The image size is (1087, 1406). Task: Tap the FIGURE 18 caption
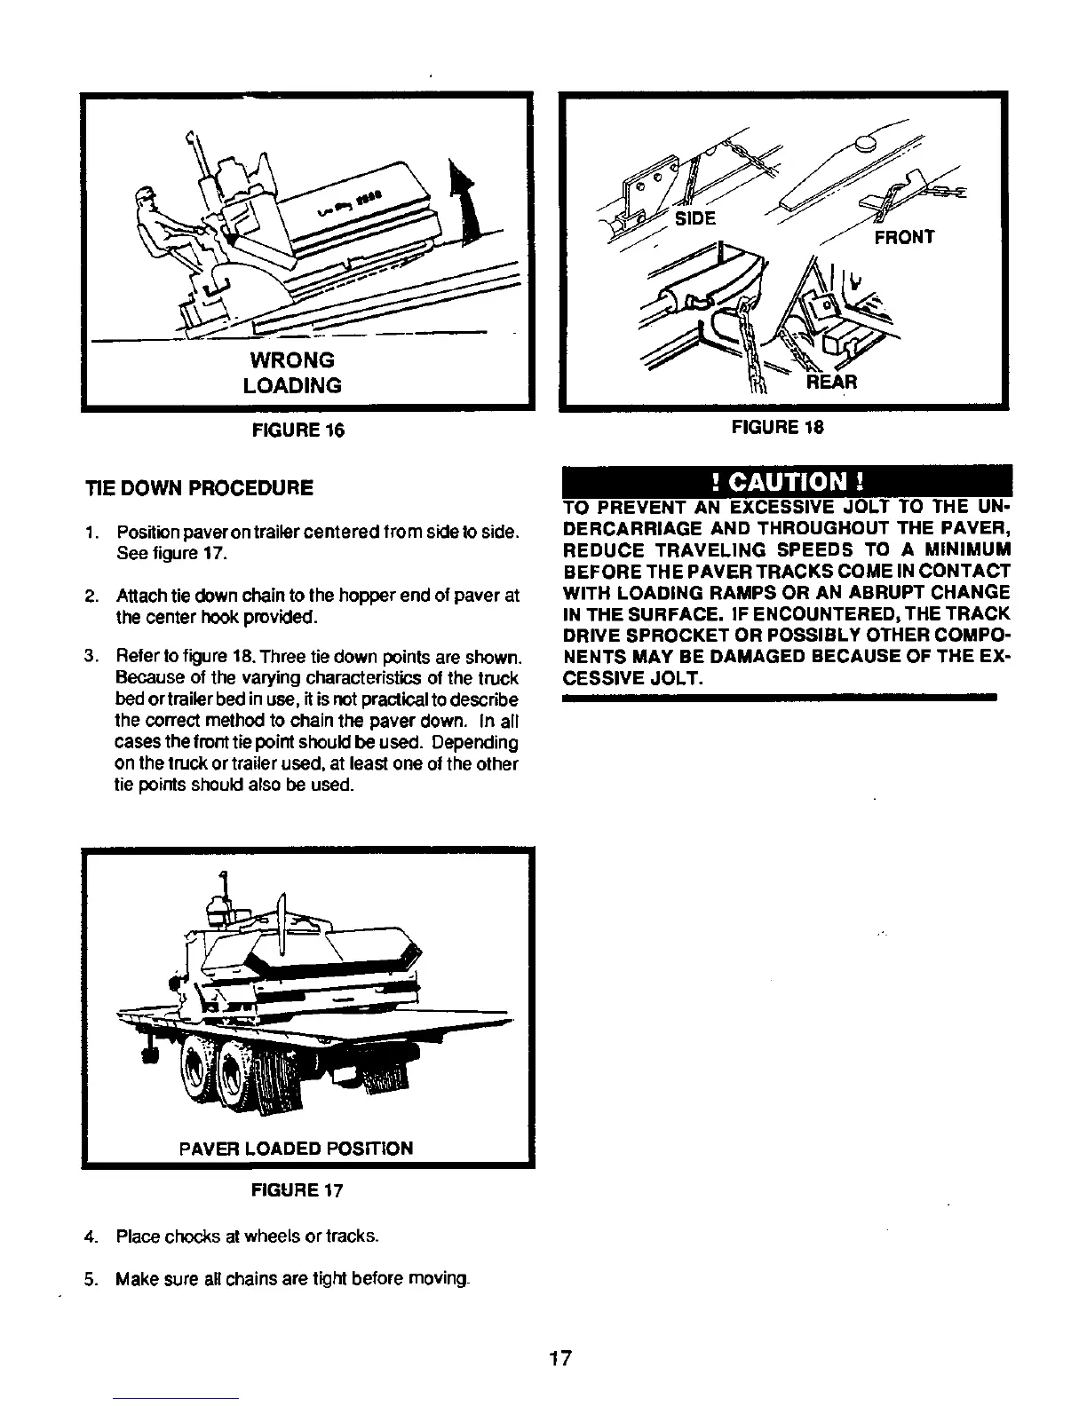(x=778, y=427)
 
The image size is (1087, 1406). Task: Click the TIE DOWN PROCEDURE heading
(x=199, y=487)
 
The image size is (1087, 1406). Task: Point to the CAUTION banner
(x=785, y=483)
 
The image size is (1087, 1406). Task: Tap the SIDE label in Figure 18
(x=695, y=218)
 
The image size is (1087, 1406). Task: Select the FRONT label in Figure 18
(x=904, y=237)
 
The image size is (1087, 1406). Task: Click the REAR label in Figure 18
(x=831, y=383)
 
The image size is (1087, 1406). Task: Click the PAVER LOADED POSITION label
(x=296, y=1149)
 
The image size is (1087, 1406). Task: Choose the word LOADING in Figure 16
(x=297, y=385)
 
